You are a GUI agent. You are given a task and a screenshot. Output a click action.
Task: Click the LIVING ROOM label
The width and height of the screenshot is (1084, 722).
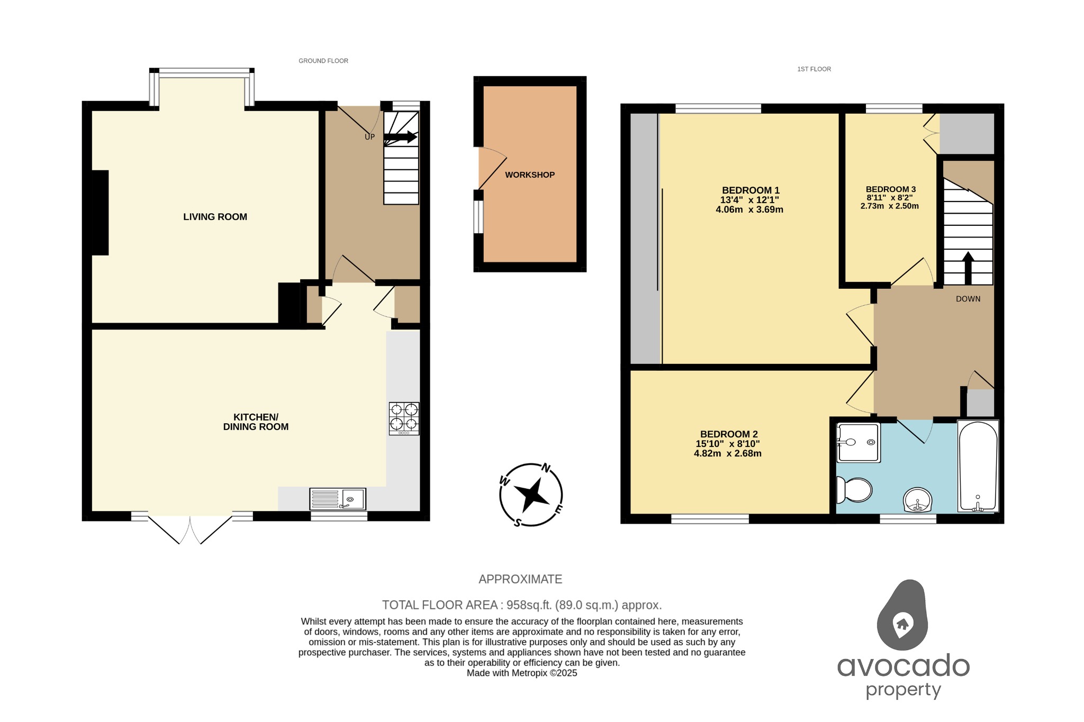click(x=215, y=217)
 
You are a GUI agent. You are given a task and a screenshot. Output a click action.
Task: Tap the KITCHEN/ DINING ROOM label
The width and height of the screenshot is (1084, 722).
click(x=256, y=422)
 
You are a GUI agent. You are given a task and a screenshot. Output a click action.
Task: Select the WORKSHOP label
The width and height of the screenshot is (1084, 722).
click(x=529, y=175)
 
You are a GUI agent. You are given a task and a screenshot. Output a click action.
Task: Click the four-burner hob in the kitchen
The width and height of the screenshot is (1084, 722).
click(x=404, y=418)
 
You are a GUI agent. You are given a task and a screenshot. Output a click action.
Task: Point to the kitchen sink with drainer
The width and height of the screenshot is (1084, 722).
click(x=338, y=499)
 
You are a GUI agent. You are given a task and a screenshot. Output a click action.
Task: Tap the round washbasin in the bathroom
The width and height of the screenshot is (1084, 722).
click(x=917, y=500)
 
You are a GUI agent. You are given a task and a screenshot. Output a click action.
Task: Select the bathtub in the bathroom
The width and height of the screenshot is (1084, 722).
click(x=978, y=467)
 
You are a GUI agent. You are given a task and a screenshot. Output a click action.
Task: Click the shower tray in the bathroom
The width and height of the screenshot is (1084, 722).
click(x=858, y=442)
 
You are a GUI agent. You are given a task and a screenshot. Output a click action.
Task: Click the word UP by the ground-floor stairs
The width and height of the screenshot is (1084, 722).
click(x=369, y=137)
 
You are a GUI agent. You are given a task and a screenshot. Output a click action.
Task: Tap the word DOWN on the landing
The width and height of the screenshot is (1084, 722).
click(x=968, y=299)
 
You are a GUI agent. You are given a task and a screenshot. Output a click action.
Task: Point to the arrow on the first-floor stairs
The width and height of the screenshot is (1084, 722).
click(x=968, y=268)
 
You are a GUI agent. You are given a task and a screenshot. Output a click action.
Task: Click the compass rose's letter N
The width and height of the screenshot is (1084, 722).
click(x=546, y=468)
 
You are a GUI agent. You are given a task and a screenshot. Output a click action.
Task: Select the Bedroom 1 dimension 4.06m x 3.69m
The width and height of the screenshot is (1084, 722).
click(x=749, y=209)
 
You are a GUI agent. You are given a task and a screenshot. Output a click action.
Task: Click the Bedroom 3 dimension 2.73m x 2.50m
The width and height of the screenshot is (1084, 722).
click(x=889, y=206)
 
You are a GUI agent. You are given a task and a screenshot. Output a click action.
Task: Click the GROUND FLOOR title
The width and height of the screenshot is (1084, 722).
click(x=323, y=61)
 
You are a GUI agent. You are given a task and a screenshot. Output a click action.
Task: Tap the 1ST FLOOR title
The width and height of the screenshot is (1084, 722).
click(x=814, y=69)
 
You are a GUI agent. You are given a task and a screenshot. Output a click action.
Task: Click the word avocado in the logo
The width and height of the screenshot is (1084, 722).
click(x=903, y=665)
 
